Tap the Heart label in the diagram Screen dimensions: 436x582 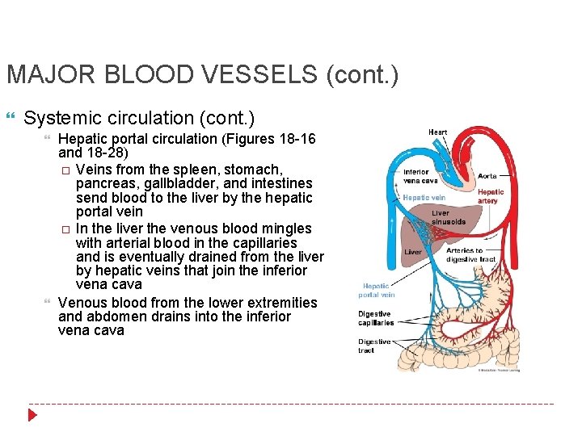437,132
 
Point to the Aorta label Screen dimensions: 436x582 487,175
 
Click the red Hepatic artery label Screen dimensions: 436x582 490,196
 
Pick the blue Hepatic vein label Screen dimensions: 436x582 424,198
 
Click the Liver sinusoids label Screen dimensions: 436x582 449,217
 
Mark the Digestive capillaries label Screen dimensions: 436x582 376,318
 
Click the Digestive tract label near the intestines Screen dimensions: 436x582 374,346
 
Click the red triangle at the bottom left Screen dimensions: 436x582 32,415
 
